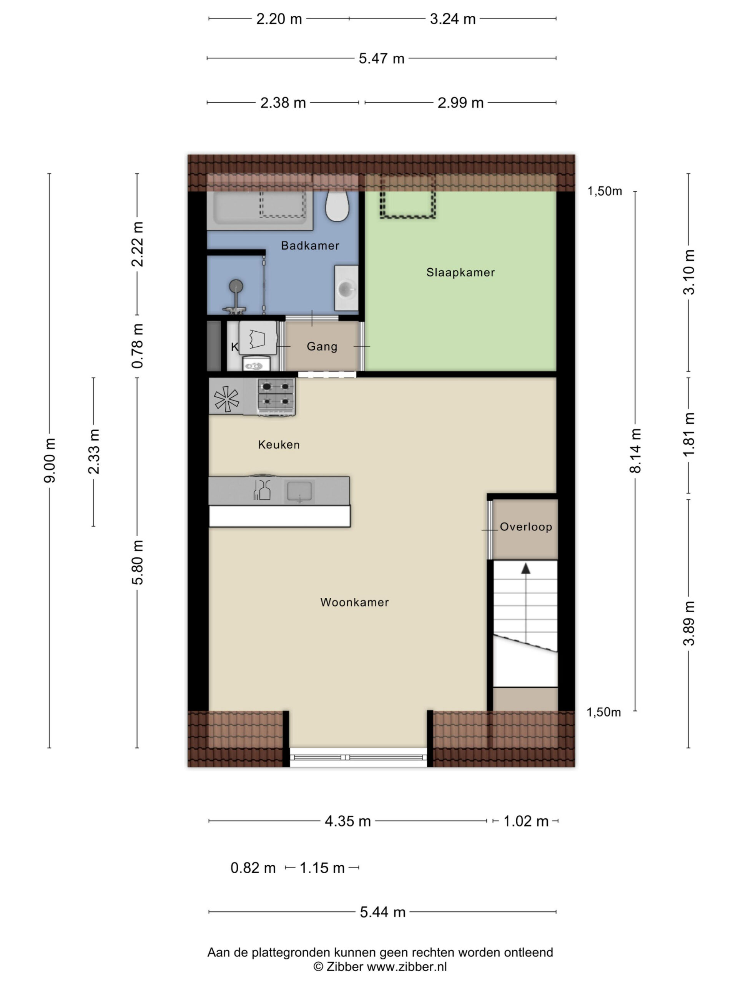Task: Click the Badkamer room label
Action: [x=310, y=246]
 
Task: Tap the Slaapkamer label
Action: [x=460, y=272]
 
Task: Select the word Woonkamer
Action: [x=354, y=602]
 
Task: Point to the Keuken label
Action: [x=279, y=444]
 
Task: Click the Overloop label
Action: [x=526, y=527]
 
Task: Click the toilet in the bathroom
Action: [x=337, y=206]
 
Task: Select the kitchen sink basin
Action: [x=299, y=492]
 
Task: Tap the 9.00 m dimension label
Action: [x=50, y=460]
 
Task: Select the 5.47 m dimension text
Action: [x=382, y=58]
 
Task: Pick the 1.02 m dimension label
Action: [x=526, y=821]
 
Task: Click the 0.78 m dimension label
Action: [x=138, y=346]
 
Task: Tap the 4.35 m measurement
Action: [x=348, y=821]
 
